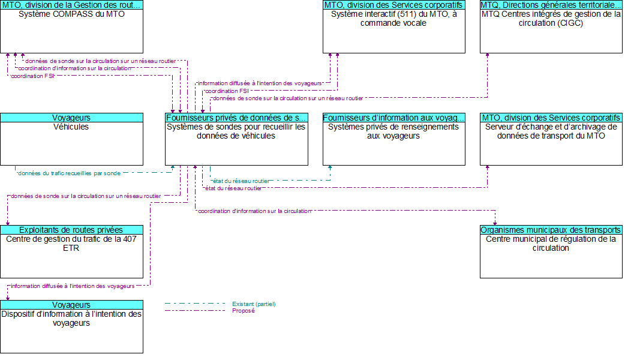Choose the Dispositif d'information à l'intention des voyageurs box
pyautogui.click(x=71, y=331)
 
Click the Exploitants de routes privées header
pyautogui.click(x=71, y=230)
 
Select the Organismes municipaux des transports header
pyautogui.click(x=551, y=230)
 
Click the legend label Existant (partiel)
pyautogui.click(x=254, y=304)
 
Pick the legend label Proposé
pyautogui.click(x=243, y=311)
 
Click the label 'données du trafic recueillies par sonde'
pyautogui.click(x=69, y=173)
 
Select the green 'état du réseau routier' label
pyautogui.click(x=241, y=181)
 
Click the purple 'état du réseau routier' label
pyautogui.click(x=233, y=188)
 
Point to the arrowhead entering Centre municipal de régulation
pyautogui.click(x=495, y=223)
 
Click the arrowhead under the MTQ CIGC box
pyautogui.click(x=487, y=56)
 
